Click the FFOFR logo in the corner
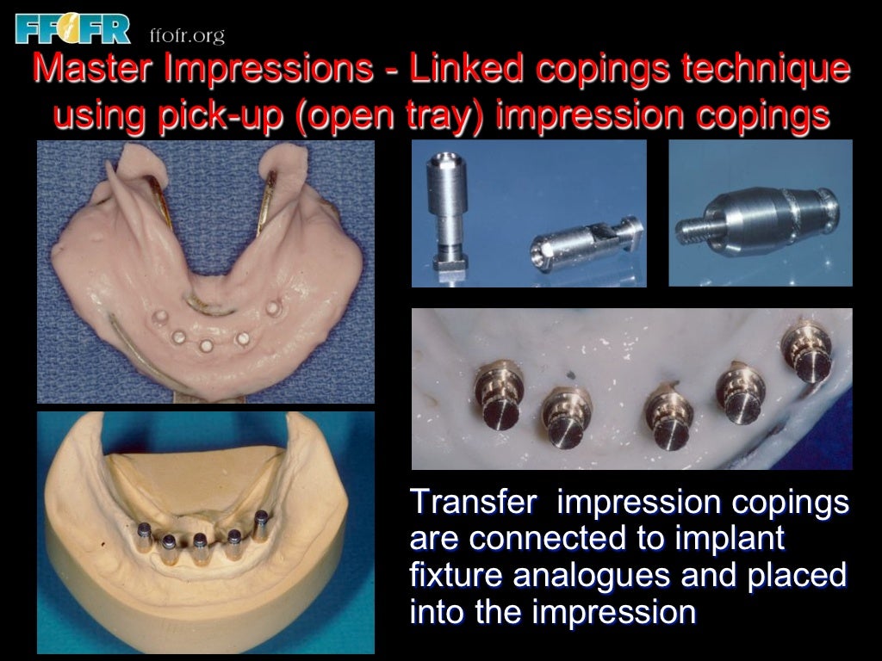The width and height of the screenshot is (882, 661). tap(72, 28)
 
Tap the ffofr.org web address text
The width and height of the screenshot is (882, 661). tap(187, 35)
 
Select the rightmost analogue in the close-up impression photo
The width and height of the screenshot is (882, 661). tap(804, 353)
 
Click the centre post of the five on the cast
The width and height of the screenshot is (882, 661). tap(200, 546)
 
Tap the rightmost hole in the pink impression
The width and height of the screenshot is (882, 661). tap(274, 307)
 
